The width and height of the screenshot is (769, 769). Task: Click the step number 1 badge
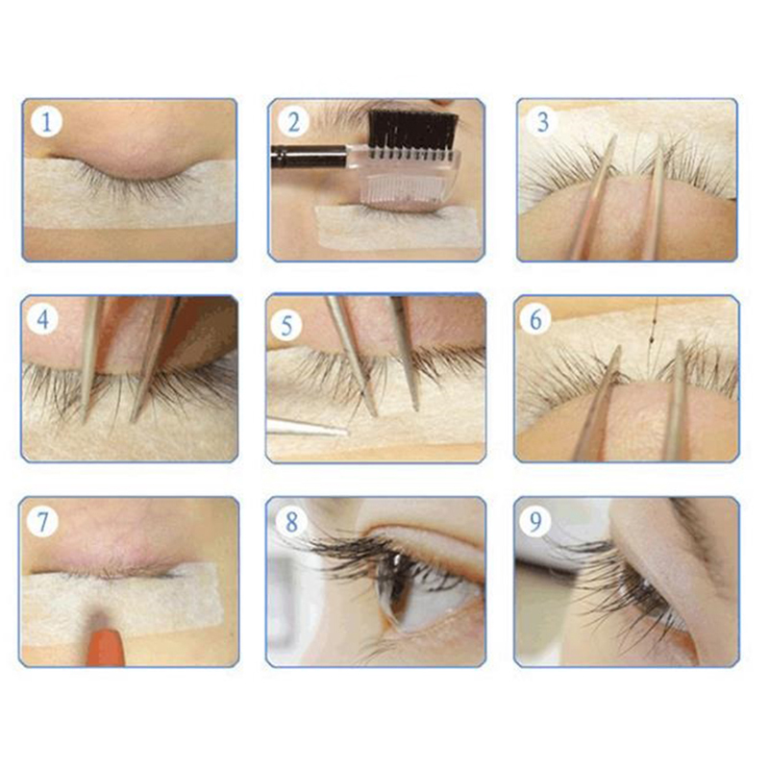46,122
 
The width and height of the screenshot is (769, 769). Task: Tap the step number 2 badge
294,122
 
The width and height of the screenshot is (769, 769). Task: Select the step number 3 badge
542,122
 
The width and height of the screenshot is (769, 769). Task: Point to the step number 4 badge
43,320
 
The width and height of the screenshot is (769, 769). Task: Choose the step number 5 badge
286,326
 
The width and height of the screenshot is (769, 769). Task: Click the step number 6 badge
536,320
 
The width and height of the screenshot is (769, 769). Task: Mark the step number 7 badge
42,521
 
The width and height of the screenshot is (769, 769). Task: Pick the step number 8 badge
292,521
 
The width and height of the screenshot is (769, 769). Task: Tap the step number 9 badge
536,521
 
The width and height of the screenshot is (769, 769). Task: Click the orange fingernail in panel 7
106,646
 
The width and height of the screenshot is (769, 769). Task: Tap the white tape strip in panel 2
397,227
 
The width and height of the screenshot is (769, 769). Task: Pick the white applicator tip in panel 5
307,428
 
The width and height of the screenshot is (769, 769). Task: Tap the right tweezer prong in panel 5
407,353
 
